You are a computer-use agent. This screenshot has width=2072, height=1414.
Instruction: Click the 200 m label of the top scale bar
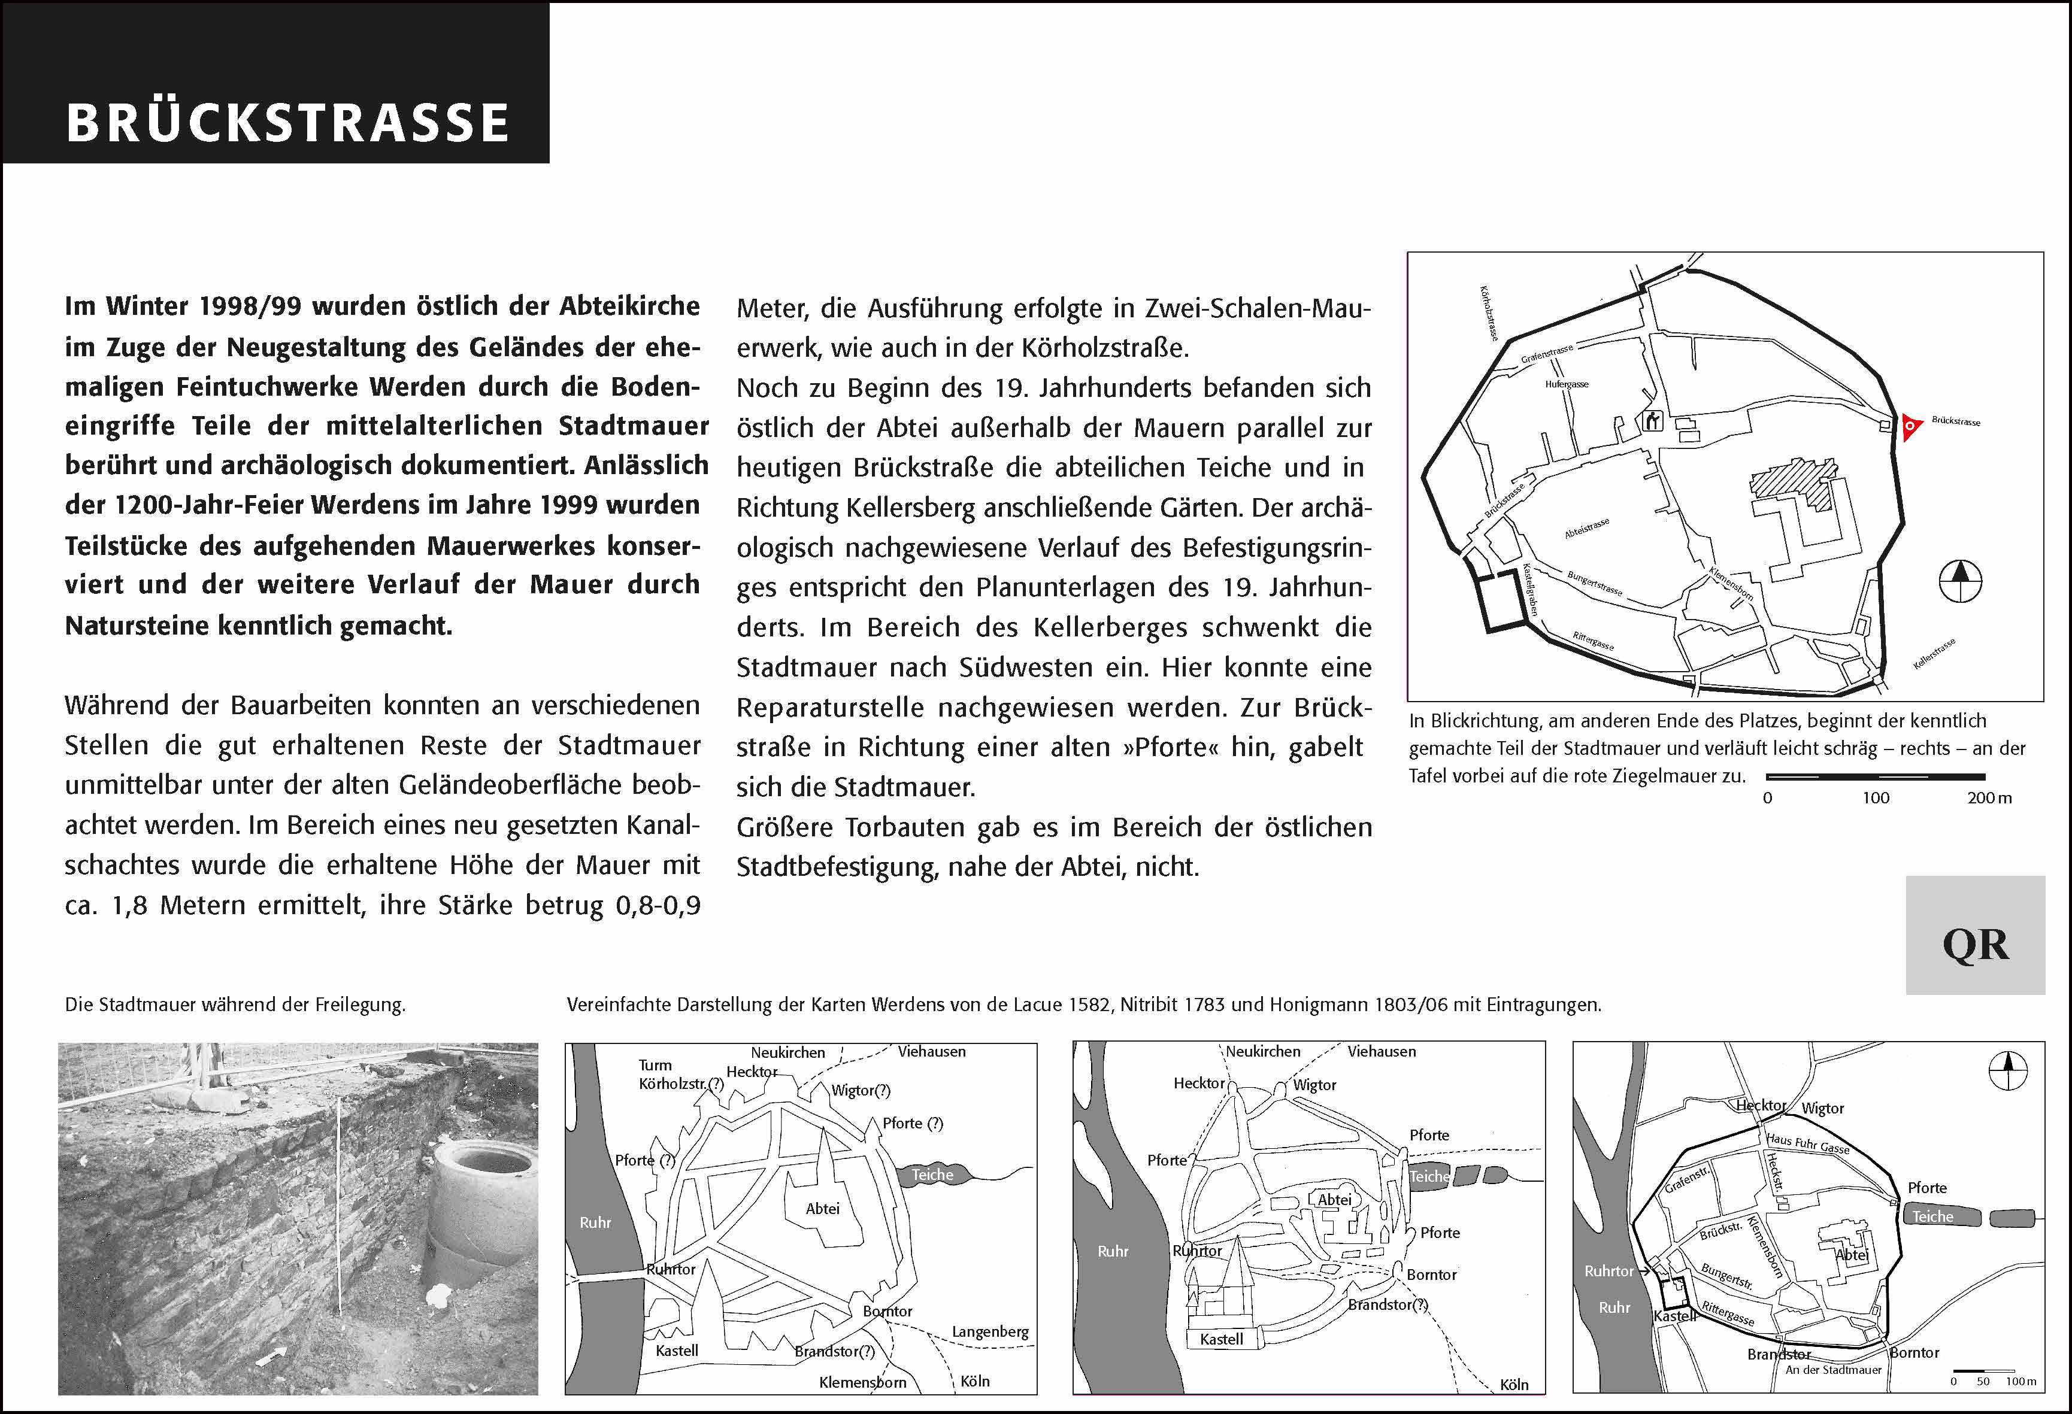click(x=1989, y=798)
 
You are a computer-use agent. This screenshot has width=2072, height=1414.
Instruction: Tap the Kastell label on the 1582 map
click(x=677, y=1350)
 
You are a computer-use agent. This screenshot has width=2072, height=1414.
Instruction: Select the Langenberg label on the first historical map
click(x=990, y=1331)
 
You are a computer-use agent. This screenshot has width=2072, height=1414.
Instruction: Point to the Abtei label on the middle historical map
click(x=1335, y=1199)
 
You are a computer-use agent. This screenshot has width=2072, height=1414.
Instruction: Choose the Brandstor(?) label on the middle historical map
click(x=1388, y=1304)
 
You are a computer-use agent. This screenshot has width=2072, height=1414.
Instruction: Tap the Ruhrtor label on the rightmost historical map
click(x=1609, y=1270)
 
